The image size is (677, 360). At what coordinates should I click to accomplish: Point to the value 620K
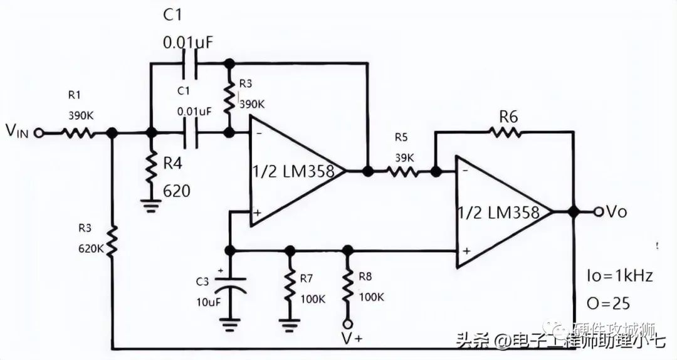pos(92,248)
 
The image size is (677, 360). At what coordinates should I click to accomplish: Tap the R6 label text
pos(509,115)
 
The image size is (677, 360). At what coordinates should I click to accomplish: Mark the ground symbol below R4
pos(150,205)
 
